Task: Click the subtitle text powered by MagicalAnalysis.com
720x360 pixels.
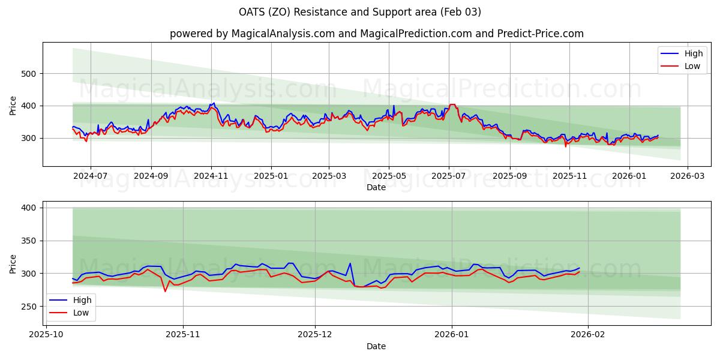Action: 251,34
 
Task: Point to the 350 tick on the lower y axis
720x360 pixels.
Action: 31,241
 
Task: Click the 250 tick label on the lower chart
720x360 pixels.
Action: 31,307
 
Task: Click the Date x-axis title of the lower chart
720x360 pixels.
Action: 376,346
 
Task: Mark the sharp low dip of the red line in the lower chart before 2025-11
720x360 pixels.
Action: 165,292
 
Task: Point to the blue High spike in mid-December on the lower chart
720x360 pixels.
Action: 350,263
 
